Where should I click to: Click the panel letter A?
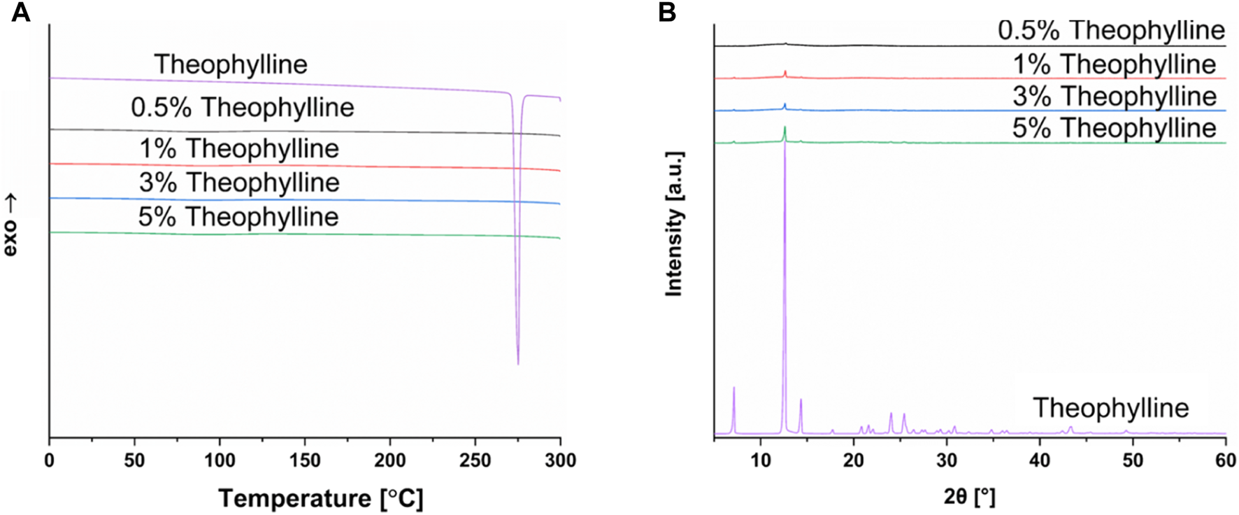pos(20,12)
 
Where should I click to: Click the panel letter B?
pos(667,12)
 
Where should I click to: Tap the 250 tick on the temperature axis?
pos(475,460)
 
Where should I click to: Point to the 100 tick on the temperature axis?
pos(220,460)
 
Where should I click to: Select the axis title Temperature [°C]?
pos(320,499)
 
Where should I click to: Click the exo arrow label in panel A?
pos(10,226)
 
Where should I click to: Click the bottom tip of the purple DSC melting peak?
pos(518,363)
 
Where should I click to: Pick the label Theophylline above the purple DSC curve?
pos(231,64)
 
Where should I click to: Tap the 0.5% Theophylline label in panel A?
pos(242,108)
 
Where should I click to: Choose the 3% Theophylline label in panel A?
pos(239,183)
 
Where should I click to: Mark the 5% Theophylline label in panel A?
pos(238,217)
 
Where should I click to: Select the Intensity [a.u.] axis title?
pos(674,224)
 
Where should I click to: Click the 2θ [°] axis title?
pos(969,498)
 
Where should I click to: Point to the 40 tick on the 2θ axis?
pos(1040,460)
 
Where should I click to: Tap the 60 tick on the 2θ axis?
pos(1226,460)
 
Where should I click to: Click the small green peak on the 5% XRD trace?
pos(785,131)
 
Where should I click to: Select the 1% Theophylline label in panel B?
pos(1115,64)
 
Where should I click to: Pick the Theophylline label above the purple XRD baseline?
pos(1110,408)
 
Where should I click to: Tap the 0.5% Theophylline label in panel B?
pos(1111,31)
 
